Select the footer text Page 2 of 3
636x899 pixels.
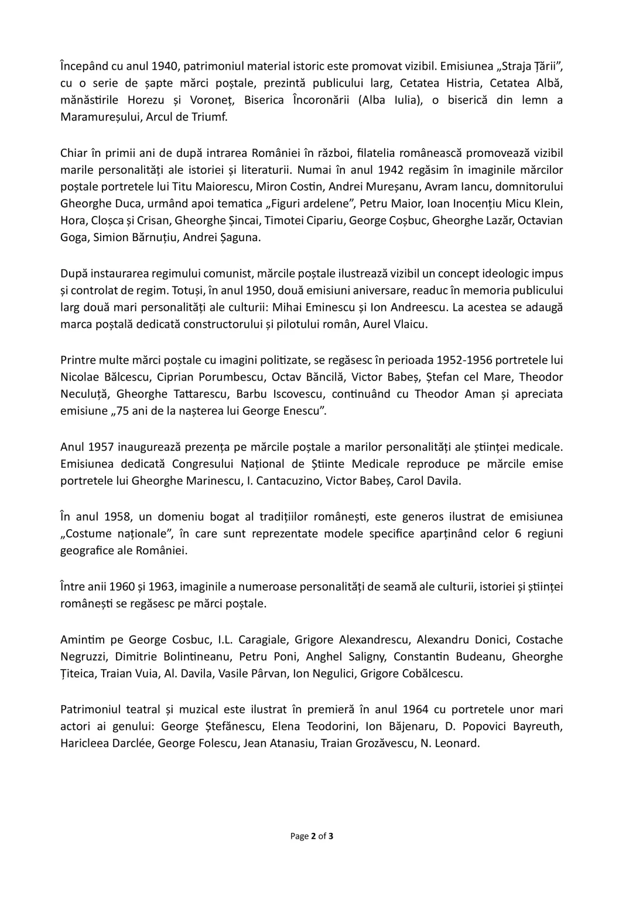[x=312, y=836]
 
